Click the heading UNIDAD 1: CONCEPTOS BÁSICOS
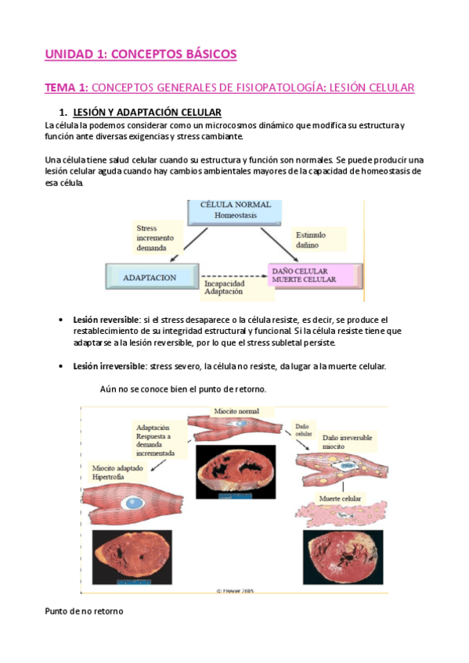[140, 54]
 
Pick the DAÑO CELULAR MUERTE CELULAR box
[314, 274]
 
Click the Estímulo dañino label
[310, 238]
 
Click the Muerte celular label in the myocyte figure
[340, 497]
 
